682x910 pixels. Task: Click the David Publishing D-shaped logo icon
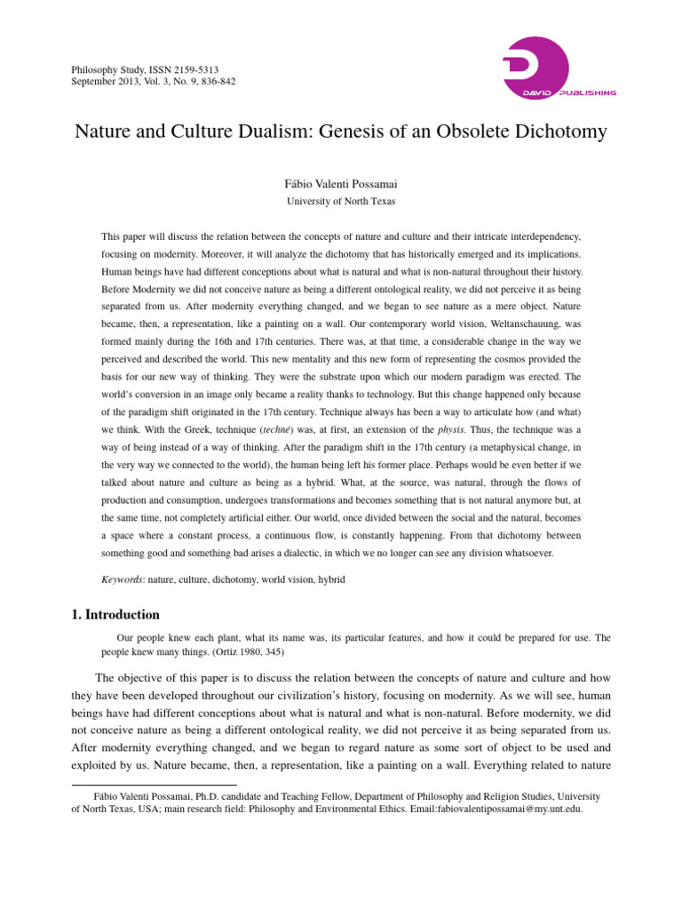[x=535, y=67]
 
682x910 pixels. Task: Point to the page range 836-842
[x=218, y=82]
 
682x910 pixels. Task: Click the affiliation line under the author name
[x=340, y=202]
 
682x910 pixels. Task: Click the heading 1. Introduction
[x=115, y=614]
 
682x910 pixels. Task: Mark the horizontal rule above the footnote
[x=153, y=785]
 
